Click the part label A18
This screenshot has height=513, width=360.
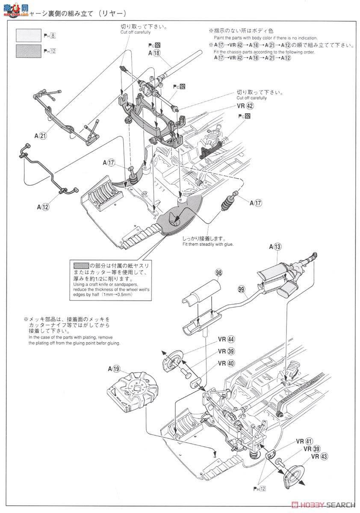tap(154, 53)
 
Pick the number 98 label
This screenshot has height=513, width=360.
tap(219, 273)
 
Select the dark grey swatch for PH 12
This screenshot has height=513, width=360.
tap(28, 51)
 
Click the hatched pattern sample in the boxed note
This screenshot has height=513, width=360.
tap(79, 265)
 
